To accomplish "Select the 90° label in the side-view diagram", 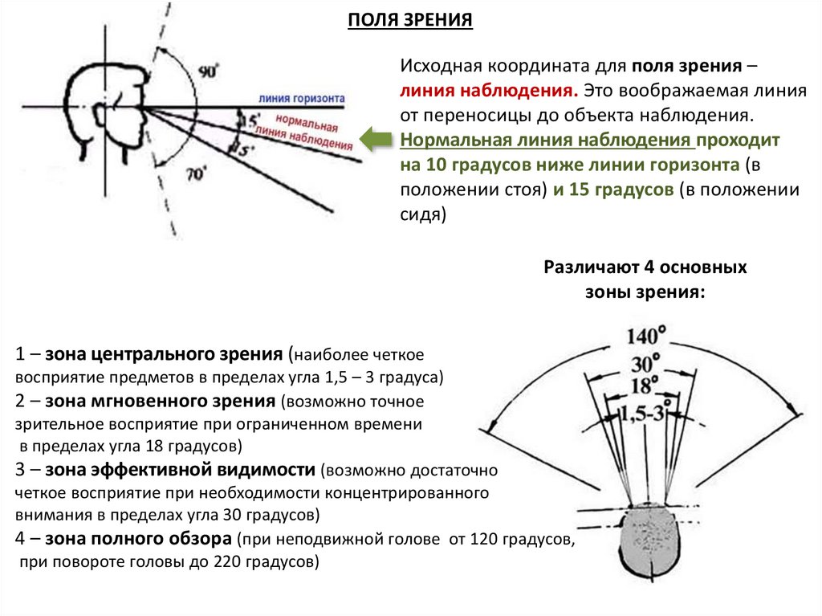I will pos(209,72).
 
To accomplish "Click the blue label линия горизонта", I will pos(302,98).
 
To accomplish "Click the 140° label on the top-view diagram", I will pos(648,334).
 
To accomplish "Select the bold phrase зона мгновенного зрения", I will pos(161,401).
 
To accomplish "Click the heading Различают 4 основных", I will pos(645,267).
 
